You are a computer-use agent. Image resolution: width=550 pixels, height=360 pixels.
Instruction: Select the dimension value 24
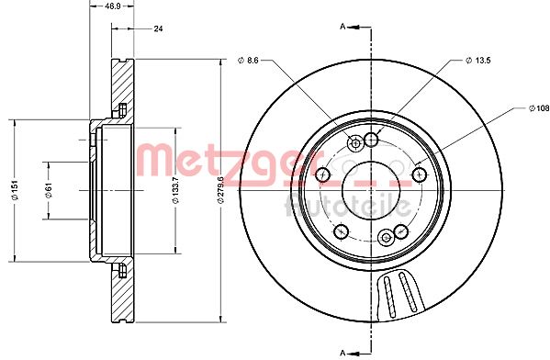pyautogui.click(x=157, y=29)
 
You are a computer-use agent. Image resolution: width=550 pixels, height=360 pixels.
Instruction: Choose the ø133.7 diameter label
pyautogui.click(x=176, y=189)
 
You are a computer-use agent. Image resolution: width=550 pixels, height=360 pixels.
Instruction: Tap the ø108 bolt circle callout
pyautogui.click(x=534, y=108)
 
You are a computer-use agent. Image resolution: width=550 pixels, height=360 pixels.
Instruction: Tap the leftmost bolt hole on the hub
pyautogui.click(x=322, y=174)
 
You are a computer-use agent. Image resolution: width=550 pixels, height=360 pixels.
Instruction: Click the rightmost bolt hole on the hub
pyautogui.click(x=420, y=174)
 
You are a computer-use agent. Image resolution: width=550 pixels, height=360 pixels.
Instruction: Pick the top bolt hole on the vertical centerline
pyautogui.click(x=371, y=139)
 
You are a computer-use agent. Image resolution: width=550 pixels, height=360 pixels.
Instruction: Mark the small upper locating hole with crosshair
pyautogui.click(x=355, y=143)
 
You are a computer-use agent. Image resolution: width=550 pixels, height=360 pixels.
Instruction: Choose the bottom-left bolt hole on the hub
pyautogui.click(x=341, y=231)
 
